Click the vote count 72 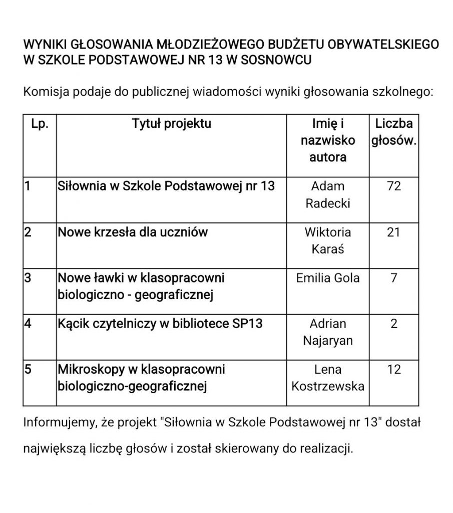[x=394, y=186]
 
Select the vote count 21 [x=394, y=232]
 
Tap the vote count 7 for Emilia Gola [x=394, y=278]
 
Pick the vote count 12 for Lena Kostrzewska [x=394, y=370]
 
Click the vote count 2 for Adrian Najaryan [x=394, y=324]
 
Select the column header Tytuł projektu [x=172, y=123]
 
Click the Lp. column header [x=40, y=123]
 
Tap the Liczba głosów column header [x=394, y=132]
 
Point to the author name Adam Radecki [x=328, y=195]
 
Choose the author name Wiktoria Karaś [x=328, y=240]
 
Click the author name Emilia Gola [x=328, y=278]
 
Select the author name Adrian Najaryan [x=328, y=332]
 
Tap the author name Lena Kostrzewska [x=328, y=378]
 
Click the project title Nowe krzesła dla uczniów [x=133, y=232]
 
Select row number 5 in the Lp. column [x=29, y=370]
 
